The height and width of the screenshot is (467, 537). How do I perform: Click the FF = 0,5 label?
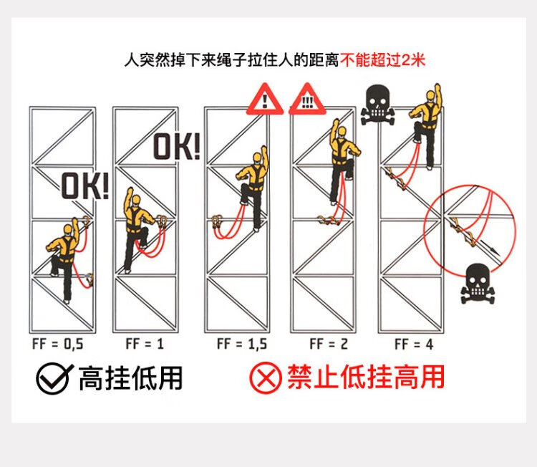coord(58,344)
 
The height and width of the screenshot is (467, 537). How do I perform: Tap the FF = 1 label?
coord(145,344)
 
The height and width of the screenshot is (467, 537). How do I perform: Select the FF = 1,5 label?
coord(242,344)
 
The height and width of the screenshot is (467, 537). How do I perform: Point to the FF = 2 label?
coord(329,344)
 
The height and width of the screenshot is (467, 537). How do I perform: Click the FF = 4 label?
coord(415,344)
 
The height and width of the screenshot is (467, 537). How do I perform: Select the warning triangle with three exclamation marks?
coord(307,100)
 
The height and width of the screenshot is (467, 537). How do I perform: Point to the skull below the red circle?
coord(478,284)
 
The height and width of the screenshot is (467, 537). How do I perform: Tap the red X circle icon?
coord(265,378)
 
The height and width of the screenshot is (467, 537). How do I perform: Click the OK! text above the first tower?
coord(84,185)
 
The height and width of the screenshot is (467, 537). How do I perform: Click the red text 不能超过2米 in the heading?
coord(382,59)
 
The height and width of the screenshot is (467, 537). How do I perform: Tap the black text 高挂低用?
coord(130,377)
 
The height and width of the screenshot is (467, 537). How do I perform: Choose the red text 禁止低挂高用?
coord(366,377)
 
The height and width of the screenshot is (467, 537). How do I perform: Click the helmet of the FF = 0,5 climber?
coord(68,228)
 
